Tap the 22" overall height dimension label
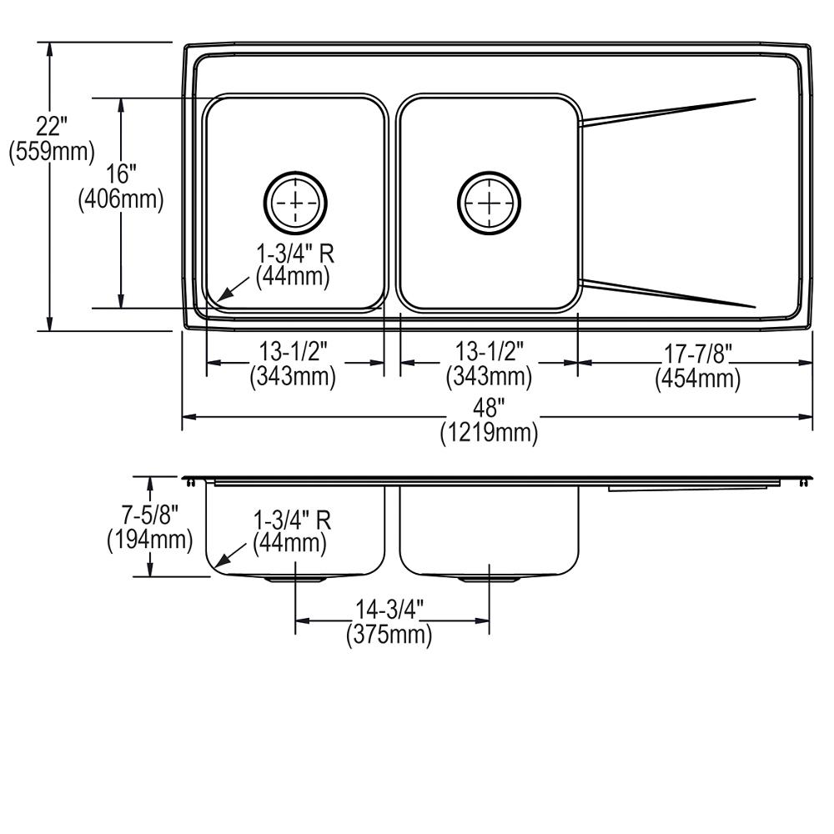[52, 128]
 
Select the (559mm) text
[52, 152]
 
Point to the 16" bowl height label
[121, 175]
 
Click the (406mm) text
[121, 199]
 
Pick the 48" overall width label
[490, 409]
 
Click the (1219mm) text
[490, 432]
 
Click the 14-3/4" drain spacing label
[389, 611]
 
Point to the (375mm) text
[389, 636]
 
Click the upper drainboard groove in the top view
[667, 112]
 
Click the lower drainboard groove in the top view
[667, 294]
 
